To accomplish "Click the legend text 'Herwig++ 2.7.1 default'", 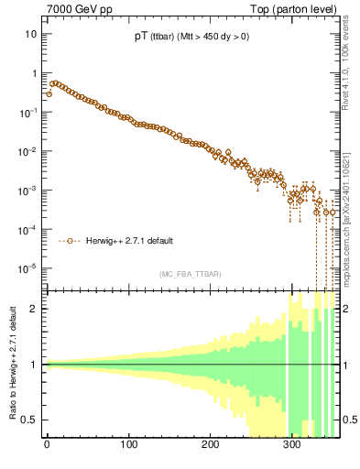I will point(130,242).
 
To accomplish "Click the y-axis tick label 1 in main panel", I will point(34,72).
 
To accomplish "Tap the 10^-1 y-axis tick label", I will point(28,112).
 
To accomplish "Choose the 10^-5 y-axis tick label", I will point(28,268).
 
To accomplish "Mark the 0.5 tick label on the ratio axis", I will point(29,420).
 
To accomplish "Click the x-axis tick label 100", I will point(129,448).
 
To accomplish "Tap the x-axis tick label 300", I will point(292,448).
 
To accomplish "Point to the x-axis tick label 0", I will point(47,448).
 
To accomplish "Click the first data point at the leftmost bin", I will point(49,93).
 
